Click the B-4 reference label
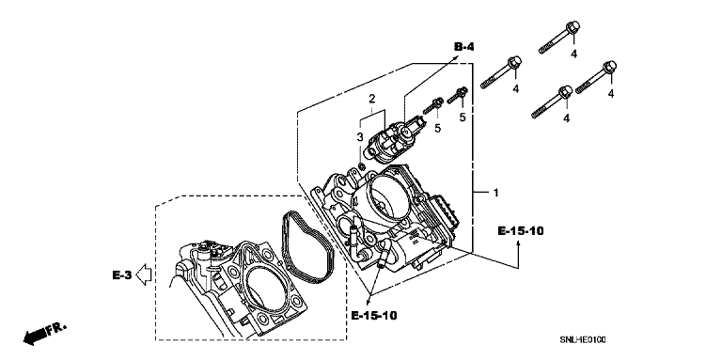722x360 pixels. click(x=463, y=46)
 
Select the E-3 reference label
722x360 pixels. click(x=122, y=275)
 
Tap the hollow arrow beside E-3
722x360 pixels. click(x=144, y=274)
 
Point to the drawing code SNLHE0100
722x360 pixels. click(x=583, y=340)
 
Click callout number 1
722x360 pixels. click(x=495, y=193)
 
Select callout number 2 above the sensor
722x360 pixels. click(x=371, y=98)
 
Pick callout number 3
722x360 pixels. click(x=360, y=136)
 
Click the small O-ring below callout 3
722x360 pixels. click(x=361, y=165)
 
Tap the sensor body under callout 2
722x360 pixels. click(x=391, y=140)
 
